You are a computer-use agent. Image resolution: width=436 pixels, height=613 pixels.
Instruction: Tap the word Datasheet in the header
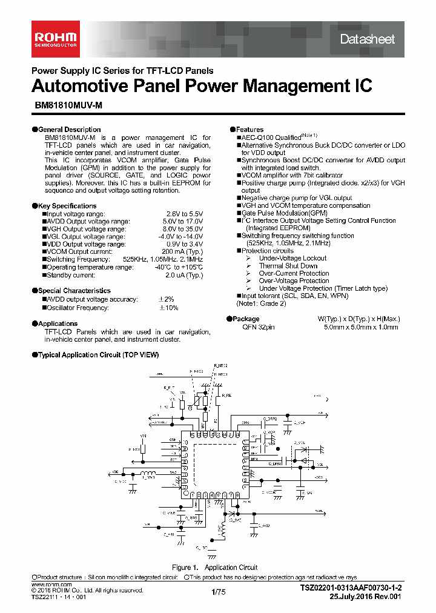[367, 39]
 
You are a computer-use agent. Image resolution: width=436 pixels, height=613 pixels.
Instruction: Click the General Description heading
[69, 130]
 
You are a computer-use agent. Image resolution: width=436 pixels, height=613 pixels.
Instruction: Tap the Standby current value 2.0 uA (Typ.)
[184, 275]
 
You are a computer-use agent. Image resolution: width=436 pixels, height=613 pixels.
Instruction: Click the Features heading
[249, 130]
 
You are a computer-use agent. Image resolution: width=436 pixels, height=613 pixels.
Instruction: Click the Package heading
[247, 319]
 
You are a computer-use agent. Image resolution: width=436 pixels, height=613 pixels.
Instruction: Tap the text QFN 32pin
[258, 327]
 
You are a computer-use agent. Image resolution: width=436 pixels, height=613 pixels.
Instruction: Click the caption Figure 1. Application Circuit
[214, 568]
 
